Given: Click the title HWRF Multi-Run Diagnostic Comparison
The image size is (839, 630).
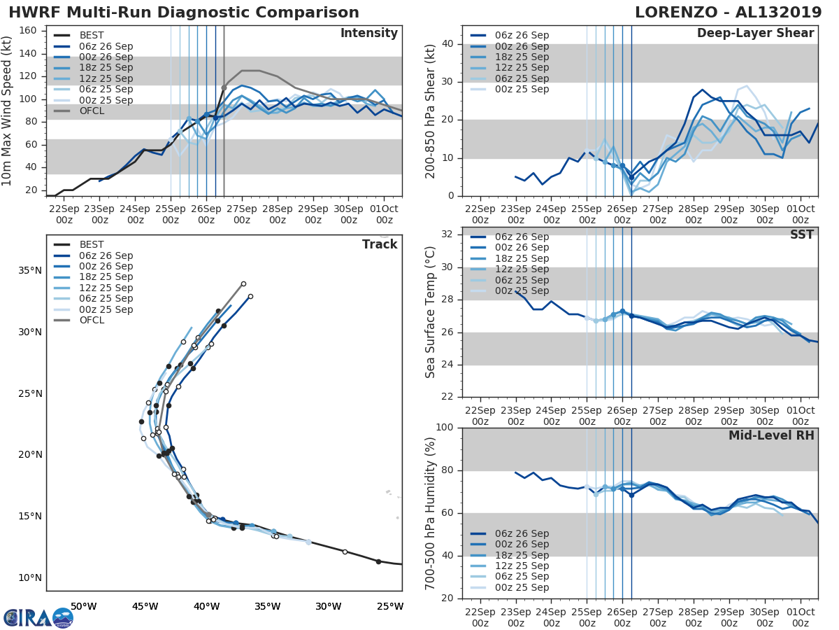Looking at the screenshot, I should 184,13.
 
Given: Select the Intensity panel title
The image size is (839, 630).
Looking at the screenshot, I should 368,34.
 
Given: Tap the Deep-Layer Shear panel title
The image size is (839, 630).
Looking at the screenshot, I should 755,34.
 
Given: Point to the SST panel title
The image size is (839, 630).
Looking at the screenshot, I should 802,234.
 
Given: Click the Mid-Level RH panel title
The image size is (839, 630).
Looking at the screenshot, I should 771,435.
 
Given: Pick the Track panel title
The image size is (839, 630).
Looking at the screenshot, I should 380,244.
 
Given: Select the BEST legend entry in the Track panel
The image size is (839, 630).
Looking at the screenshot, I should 92,245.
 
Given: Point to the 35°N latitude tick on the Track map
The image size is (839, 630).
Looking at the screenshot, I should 31,271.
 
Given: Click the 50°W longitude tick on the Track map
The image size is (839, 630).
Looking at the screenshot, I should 83,606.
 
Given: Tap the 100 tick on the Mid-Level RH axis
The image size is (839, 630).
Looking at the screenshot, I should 445,428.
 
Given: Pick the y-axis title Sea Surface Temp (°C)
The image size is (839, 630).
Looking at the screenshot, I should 431,311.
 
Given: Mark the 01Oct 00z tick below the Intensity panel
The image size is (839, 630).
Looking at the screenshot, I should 384,213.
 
